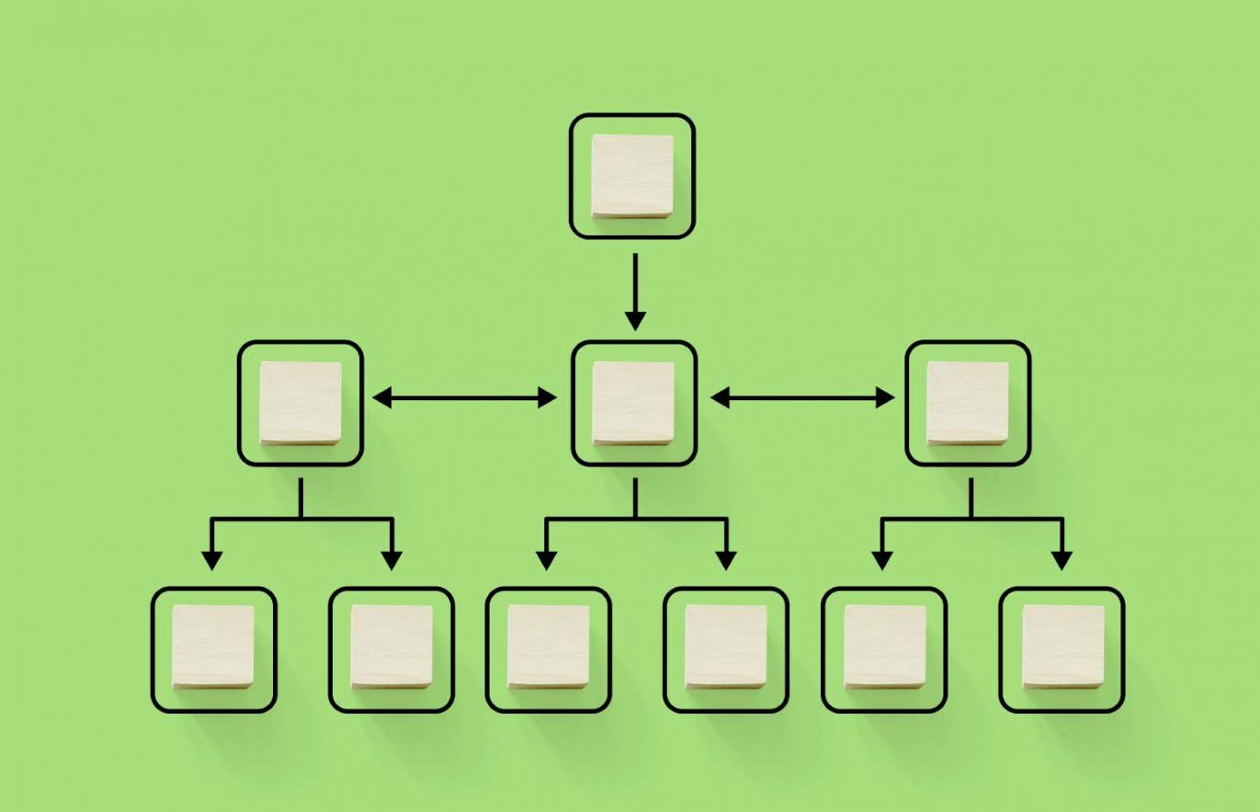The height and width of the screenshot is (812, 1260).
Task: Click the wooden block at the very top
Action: point(631,176)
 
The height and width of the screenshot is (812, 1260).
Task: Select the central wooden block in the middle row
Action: point(633,403)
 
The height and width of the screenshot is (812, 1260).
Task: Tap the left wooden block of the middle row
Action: point(301,403)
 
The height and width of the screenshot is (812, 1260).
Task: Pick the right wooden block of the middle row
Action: point(968,403)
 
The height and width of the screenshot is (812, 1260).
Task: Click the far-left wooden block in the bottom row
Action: point(213,646)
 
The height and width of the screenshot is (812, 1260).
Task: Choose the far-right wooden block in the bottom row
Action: point(1062,646)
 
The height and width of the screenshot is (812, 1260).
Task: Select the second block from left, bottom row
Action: point(392,646)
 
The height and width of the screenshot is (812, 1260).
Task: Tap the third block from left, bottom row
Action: point(548,646)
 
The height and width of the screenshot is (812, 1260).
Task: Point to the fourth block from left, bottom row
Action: point(726,646)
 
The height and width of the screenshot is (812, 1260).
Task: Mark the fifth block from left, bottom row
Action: point(884,646)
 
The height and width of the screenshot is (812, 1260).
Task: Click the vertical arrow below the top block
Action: point(634,290)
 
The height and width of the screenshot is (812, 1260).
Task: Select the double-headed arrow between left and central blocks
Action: point(465,397)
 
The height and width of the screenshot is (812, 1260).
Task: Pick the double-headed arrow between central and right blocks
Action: point(801,397)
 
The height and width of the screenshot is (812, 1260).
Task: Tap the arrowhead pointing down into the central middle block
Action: point(634,321)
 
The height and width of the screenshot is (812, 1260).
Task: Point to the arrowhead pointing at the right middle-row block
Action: point(883,397)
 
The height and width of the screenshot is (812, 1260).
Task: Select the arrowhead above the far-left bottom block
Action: point(212,560)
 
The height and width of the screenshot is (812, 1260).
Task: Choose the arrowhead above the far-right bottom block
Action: point(1062,560)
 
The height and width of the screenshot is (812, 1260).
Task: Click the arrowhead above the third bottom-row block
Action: point(547,560)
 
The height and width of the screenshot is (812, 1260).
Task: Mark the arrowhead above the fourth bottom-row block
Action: point(726,560)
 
